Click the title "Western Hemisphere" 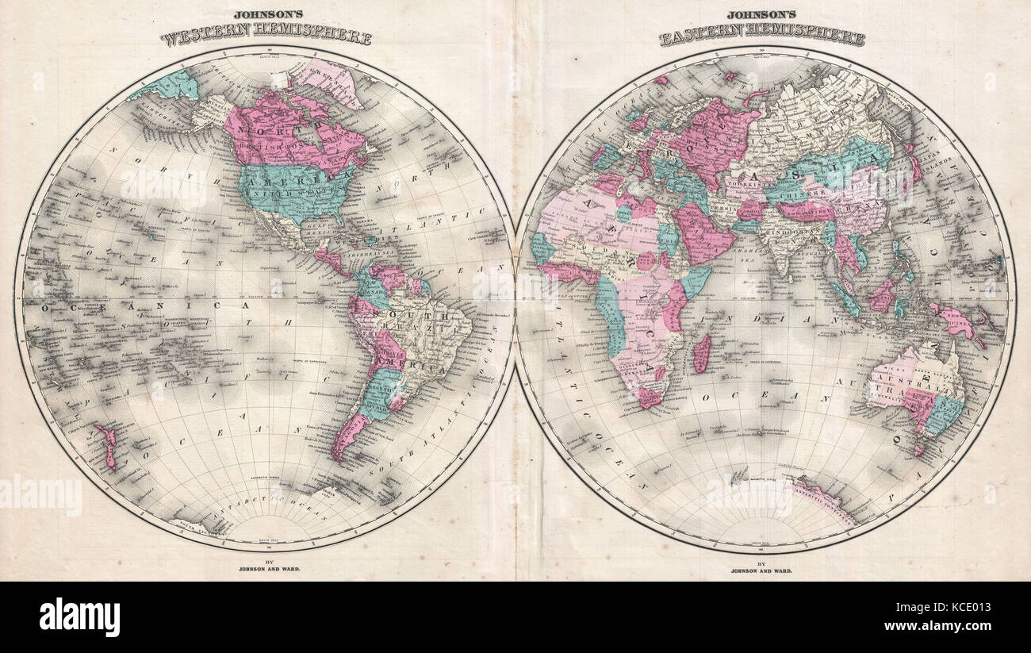point(266,36)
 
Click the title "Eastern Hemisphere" point(762,36)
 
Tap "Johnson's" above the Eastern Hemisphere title point(762,14)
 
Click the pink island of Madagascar point(701,353)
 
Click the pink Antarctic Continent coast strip point(825,500)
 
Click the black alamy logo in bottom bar point(79,617)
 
